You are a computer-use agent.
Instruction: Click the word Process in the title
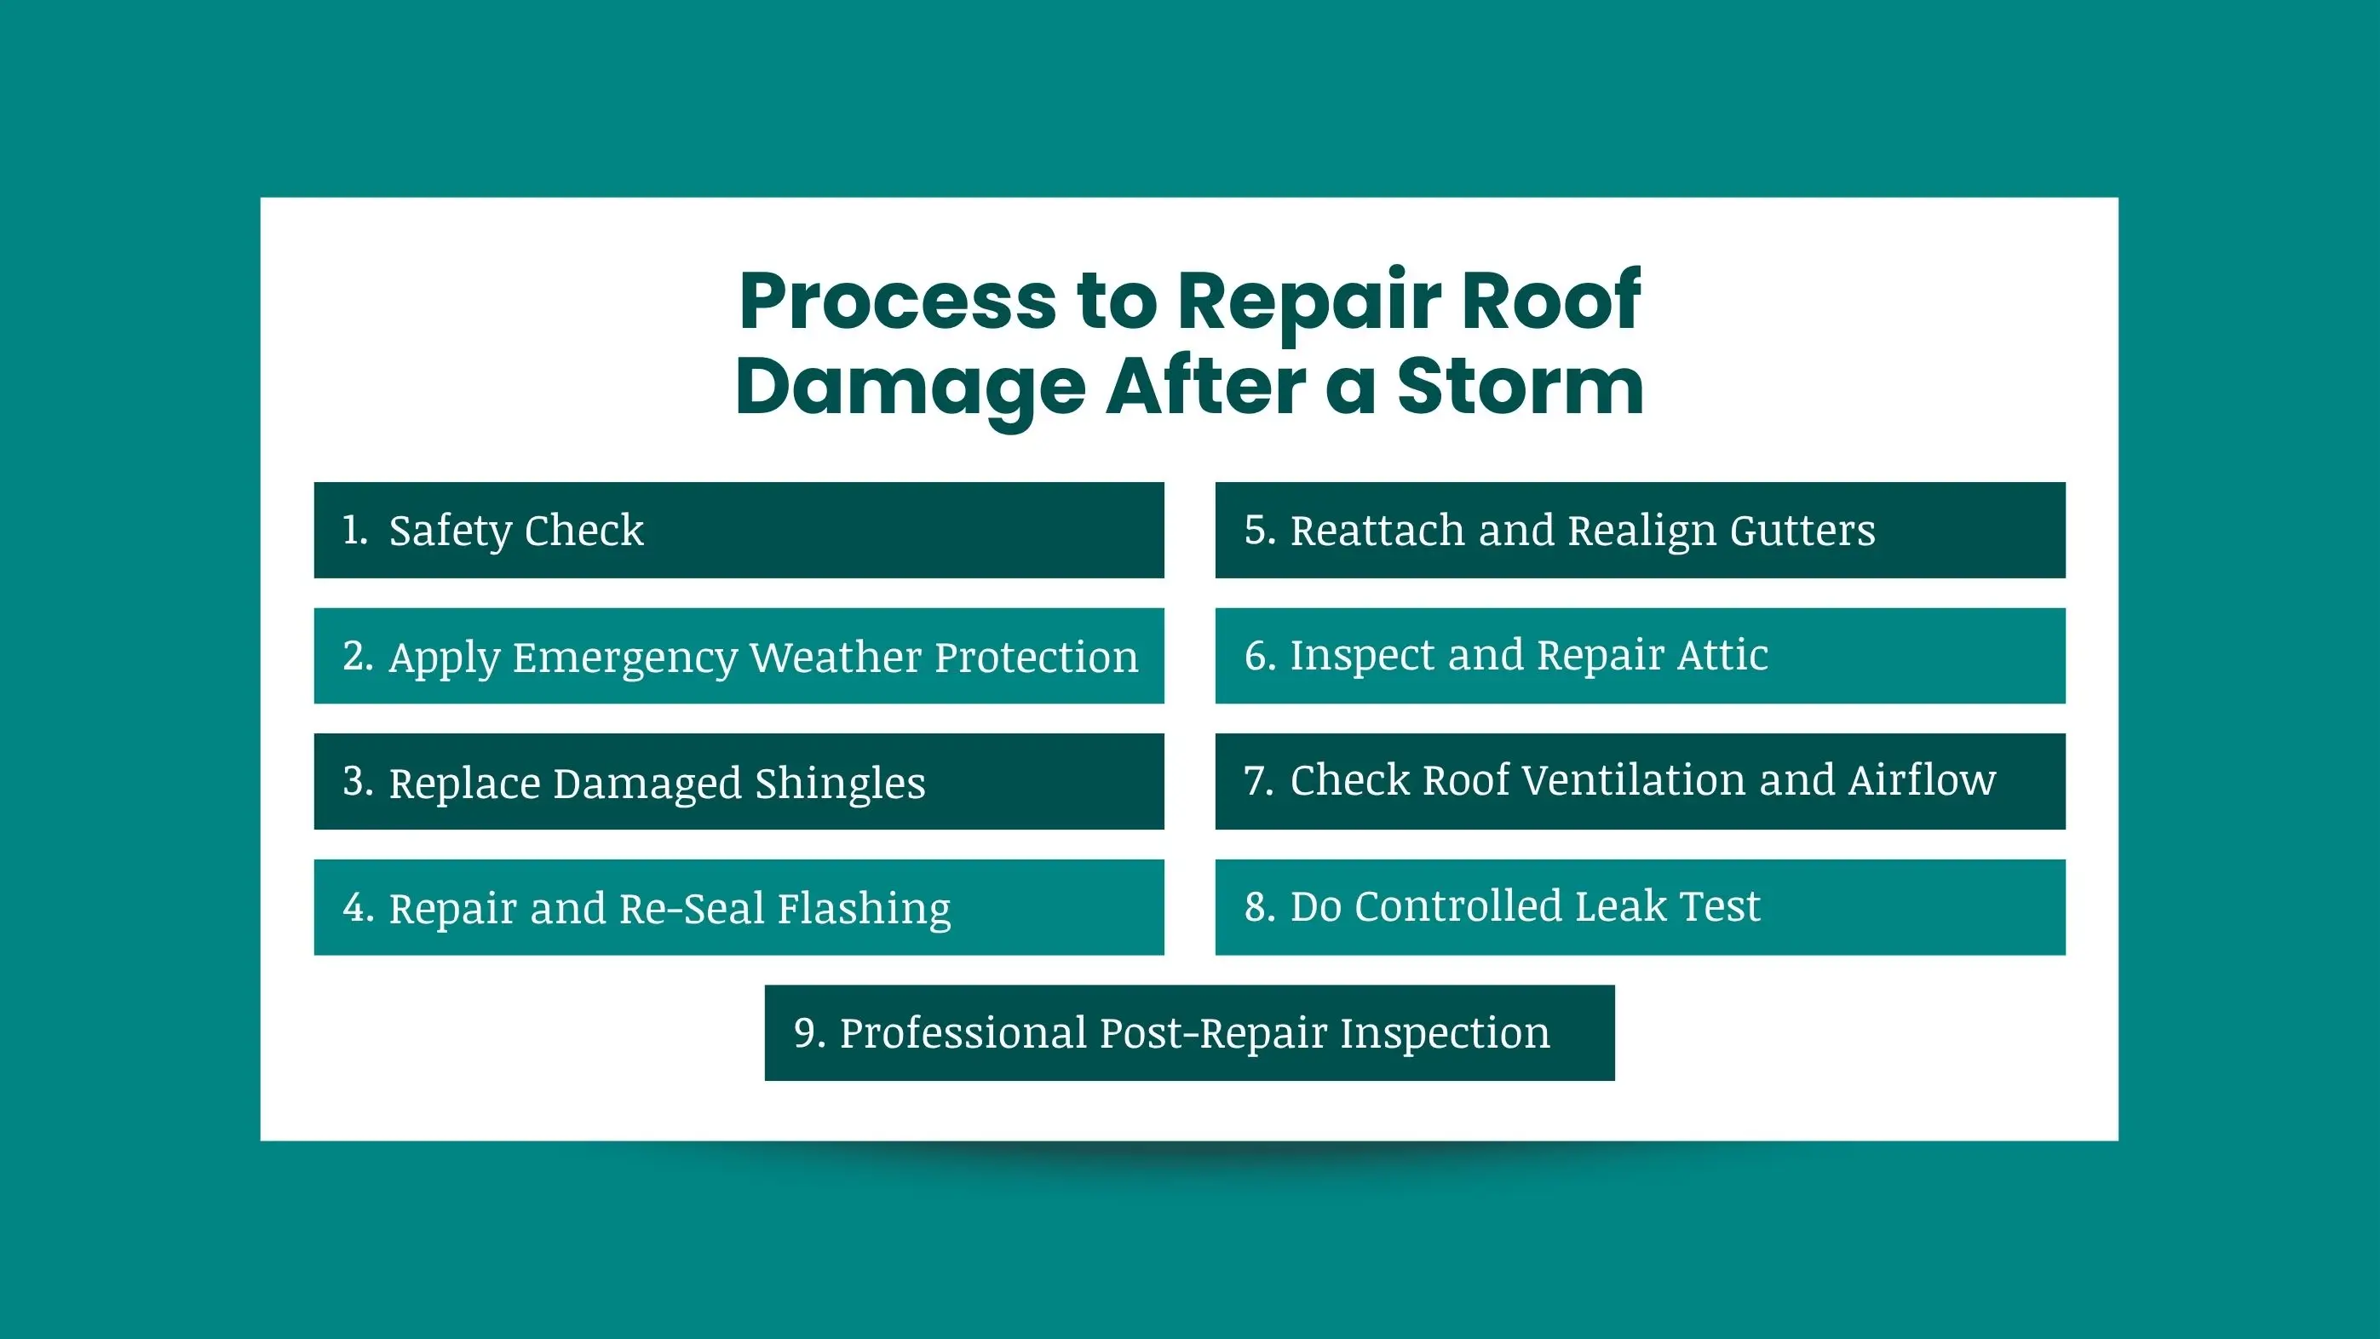(897, 301)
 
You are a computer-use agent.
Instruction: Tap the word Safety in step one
(450, 532)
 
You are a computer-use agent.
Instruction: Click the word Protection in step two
(1036, 657)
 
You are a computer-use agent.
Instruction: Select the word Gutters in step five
(1802, 532)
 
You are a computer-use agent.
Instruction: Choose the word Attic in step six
(1722, 655)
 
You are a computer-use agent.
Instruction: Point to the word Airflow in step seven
(1922, 780)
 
